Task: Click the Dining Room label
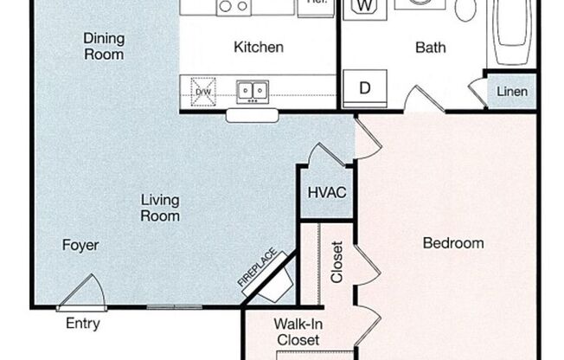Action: [103, 46]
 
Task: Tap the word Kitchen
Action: [259, 47]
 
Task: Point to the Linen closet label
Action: [511, 92]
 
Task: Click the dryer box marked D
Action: [364, 88]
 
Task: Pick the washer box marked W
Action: [364, 8]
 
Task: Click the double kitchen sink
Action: [253, 90]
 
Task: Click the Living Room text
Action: [160, 209]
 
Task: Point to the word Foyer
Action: [80, 245]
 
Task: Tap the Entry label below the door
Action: [83, 325]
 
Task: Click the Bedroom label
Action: [452, 243]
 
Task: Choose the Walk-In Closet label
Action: [297, 332]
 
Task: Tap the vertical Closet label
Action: [336, 260]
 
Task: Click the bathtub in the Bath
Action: [511, 35]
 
